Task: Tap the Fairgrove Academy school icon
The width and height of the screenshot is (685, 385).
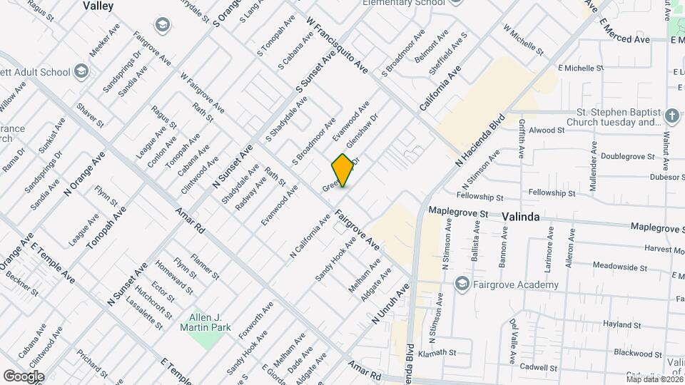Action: click(x=462, y=285)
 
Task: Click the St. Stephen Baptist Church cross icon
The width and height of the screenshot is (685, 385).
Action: click(x=671, y=115)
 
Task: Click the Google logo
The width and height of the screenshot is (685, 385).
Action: click(x=24, y=376)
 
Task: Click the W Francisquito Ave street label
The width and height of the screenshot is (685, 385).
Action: click(x=337, y=46)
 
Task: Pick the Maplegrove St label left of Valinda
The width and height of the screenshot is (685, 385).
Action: click(x=458, y=212)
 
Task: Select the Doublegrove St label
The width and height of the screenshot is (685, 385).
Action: click(x=627, y=156)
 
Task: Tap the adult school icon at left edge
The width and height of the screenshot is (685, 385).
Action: click(x=81, y=71)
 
